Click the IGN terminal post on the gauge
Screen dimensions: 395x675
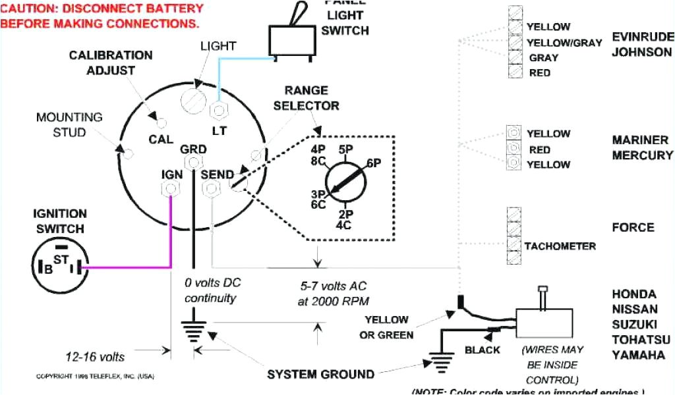click(x=170, y=189)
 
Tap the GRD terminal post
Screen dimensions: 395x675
click(x=193, y=163)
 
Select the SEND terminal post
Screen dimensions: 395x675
click(x=211, y=189)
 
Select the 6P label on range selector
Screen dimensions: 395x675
click(x=373, y=163)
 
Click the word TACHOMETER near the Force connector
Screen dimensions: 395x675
click(x=560, y=246)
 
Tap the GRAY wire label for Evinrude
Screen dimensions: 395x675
click(x=544, y=58)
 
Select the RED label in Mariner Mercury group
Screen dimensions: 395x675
click(x=539, y=149)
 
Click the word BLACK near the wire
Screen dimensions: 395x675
click(x=482, y=350)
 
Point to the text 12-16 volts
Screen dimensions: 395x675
click(x=95, y=357)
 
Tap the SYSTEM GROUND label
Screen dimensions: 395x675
click(x=320, y=375)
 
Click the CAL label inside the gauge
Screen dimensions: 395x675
click(x=161, y=140)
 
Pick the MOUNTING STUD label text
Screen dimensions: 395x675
click(x=70, y=124)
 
